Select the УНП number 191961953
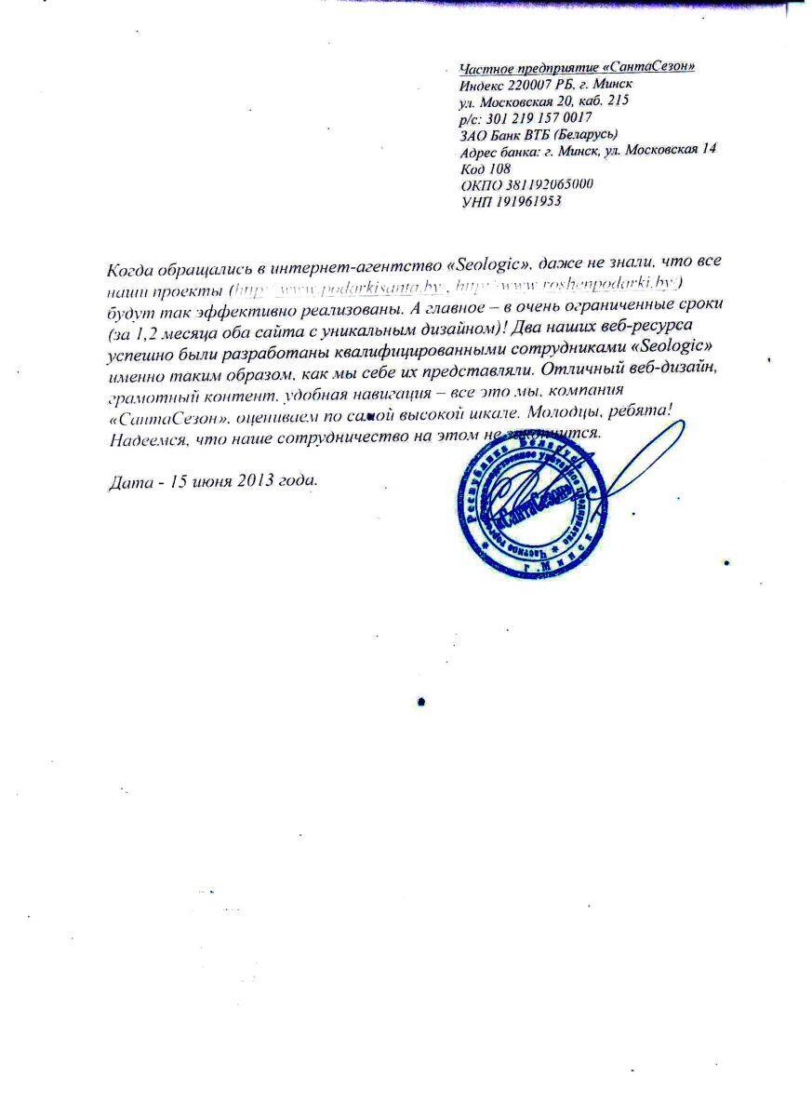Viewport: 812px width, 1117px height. (529, 201)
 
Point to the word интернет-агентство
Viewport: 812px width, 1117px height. (344, 266)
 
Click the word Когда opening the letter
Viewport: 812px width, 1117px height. (131, 270)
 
